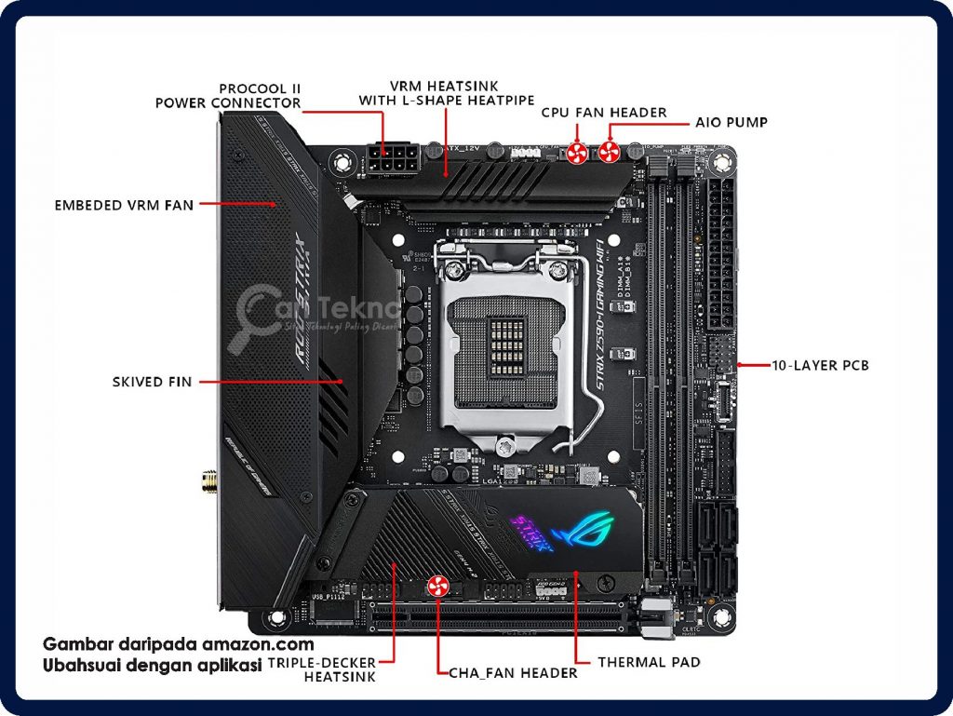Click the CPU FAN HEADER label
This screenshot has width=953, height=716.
604,113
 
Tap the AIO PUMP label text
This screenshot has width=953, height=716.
732,122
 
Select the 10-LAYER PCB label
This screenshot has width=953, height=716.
820,366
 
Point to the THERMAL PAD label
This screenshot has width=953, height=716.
649,662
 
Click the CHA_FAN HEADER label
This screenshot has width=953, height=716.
513,672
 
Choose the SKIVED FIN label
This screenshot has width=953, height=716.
152,382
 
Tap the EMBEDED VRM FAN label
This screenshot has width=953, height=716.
124,204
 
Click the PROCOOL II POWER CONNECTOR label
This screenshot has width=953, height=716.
228,96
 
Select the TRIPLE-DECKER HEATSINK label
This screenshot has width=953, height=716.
322,669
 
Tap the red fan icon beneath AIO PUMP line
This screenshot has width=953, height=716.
610,152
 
